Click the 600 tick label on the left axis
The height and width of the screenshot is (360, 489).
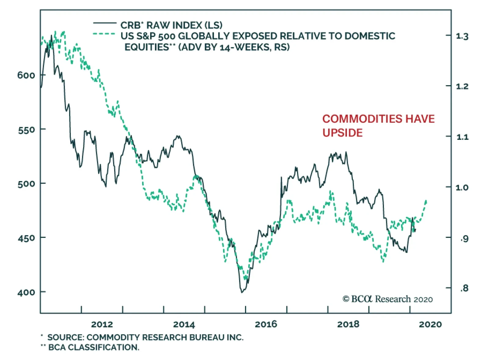pyautogui.click(x=26, y=75)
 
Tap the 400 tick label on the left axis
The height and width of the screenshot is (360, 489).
pyautogui.click(x=26, y=293)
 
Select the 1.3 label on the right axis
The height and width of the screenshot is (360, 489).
pyautogui.click(x=462, y=36)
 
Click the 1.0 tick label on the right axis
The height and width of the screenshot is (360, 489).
pyautogui.click(x=462, y=187)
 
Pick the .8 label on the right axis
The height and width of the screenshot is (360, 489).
pyautogui.click(x=464, y=288)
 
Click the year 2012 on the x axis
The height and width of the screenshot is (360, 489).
pyautogui.click(x=102, y=324)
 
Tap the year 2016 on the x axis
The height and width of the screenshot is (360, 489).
pyautogui.click(x=266, y=324)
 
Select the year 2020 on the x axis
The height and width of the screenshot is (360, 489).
pyautogui.click(x=430, y=324)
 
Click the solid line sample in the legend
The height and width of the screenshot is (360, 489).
pyautogui.click(x=105, y=23)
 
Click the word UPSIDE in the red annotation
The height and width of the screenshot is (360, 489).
pyautogui.click(x=343, y=133)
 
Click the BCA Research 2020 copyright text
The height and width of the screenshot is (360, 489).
pyautogui.click(x=388, y=299)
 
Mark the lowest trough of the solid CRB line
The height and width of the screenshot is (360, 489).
pyautogui.click(x=242, y=293)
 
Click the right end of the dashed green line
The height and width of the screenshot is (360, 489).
pyautogui.click(x=426, y=201)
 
